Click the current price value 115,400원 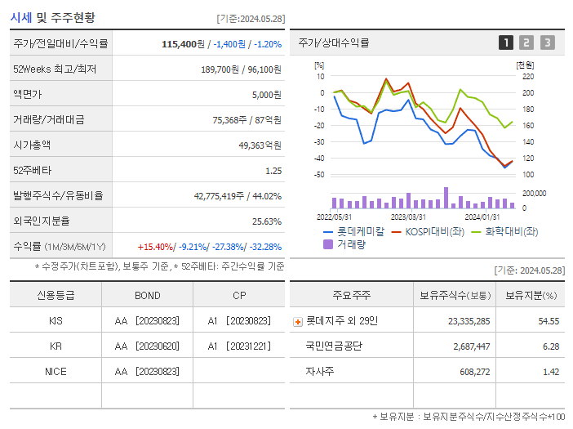(184, 43)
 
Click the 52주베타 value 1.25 (273, 171)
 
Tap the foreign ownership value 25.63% (266, 221)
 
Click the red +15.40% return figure (156, 247)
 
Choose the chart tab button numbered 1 (506, 43)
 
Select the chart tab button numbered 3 (547, 43)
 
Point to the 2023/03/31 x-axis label (408, 217)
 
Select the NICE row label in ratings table (56, 371)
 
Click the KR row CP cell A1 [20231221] (238, 346)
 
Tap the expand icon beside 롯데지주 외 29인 (298, 322)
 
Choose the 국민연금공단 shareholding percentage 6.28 (549, 346)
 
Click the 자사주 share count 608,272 (473, 372)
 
